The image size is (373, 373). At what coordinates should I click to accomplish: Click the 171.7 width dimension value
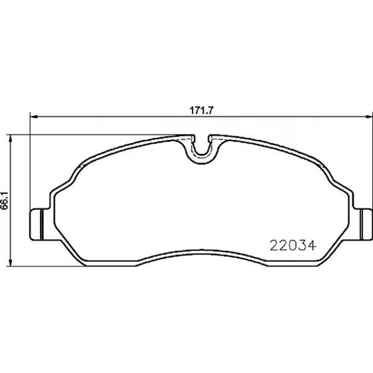click(202, 111)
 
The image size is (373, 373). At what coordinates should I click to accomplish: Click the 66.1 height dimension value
click(5, 200)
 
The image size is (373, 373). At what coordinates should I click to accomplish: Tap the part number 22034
click(293, 245)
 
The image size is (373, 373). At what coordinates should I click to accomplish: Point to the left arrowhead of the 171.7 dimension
click(35, 117)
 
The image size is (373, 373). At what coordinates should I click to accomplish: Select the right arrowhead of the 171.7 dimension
click(369, 117)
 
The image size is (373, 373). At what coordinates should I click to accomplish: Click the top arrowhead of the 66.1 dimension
click(10, 139)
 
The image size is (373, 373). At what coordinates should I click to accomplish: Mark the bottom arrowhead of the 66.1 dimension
click(10, 262)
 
